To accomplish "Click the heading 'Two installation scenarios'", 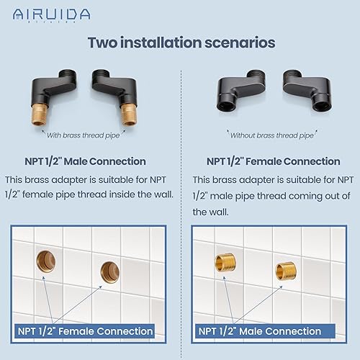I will tap(181, 42).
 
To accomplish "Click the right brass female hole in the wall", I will tap(109, 271).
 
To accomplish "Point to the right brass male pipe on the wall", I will tap(284, 271).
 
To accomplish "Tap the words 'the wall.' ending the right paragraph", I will tap(210, 212).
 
